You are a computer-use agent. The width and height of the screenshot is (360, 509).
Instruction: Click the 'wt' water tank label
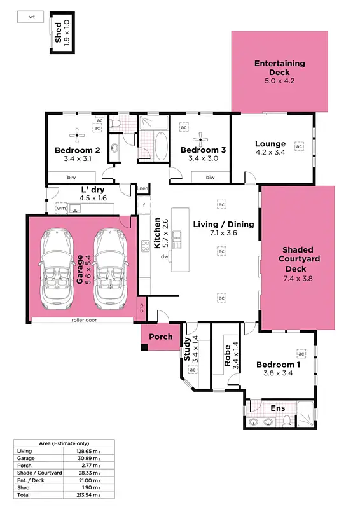31,18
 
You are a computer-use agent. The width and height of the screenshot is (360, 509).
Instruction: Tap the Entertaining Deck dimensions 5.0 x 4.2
280,81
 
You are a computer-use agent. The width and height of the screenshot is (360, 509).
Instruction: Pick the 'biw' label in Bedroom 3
210,177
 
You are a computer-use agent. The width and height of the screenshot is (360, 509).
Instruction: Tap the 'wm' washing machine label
61,208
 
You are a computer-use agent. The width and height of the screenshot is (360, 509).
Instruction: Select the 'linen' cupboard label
142,189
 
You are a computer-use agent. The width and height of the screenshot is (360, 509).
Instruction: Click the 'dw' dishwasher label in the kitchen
164,256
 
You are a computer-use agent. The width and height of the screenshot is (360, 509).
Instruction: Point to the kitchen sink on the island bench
180,240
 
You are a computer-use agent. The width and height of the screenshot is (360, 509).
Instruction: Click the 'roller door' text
83,320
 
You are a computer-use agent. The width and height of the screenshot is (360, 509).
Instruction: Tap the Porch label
160,337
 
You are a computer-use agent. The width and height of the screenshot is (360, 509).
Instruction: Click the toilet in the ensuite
287,419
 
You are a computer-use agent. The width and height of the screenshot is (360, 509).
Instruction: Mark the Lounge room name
270,144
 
